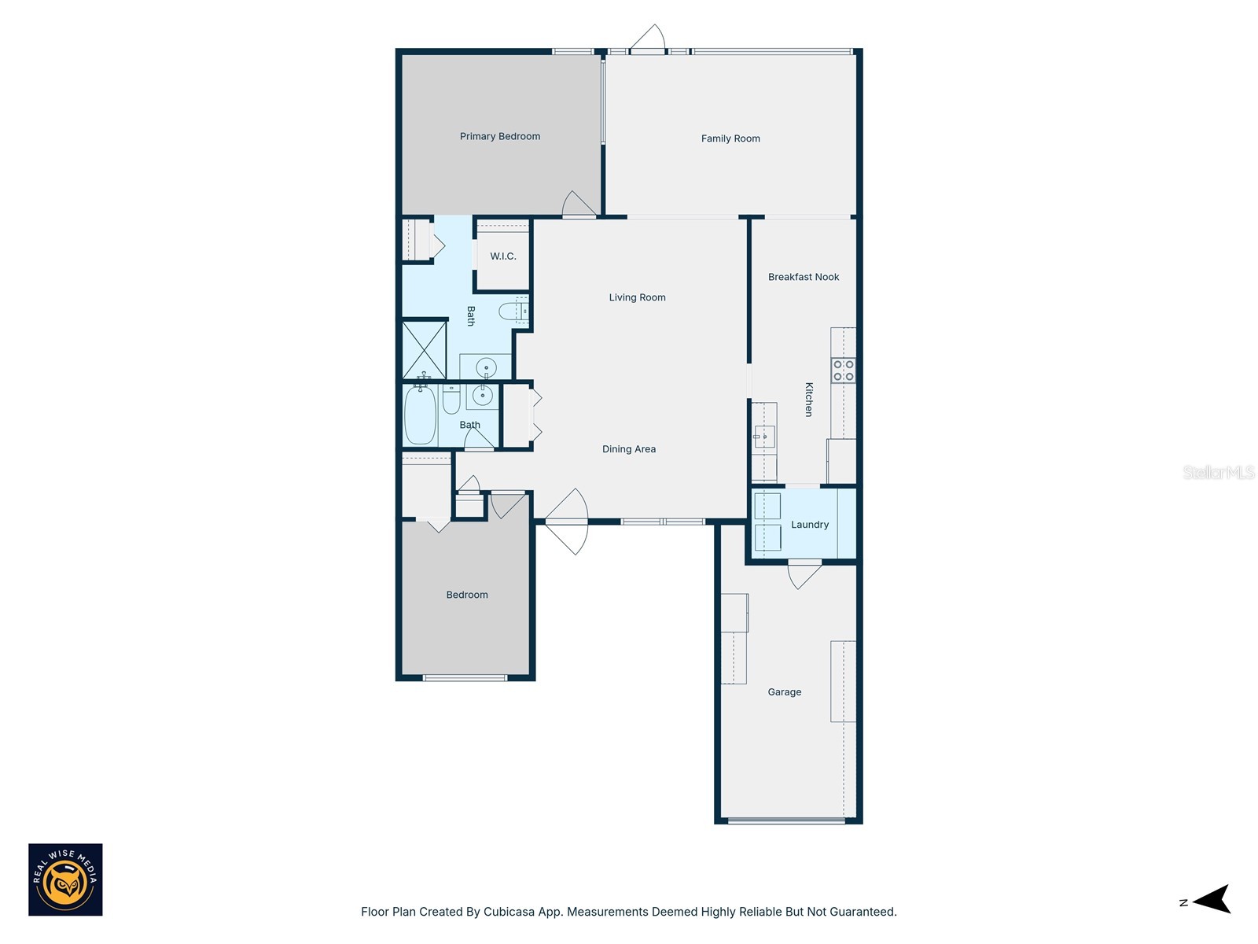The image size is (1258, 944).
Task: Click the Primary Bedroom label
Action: [500, 136]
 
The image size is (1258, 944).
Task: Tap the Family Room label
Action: [730, 138]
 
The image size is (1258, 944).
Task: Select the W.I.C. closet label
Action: [503, 256]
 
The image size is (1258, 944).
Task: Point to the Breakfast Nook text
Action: [804, 277]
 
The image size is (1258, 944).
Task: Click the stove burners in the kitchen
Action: [844, 371]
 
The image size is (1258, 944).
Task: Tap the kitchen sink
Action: [763, 436]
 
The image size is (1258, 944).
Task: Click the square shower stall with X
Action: [425, 350]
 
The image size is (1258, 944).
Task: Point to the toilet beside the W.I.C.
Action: [514, 312]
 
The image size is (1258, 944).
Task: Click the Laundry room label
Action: [810, 525]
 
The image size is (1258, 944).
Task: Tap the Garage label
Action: [785, 692]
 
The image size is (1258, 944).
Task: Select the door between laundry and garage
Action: [804, 573]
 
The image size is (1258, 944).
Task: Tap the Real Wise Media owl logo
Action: [65, 879]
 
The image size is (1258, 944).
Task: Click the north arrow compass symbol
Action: [1211, 899]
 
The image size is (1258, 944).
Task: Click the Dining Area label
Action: [629, 449]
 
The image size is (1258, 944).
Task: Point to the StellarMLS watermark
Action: [1219, 472]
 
